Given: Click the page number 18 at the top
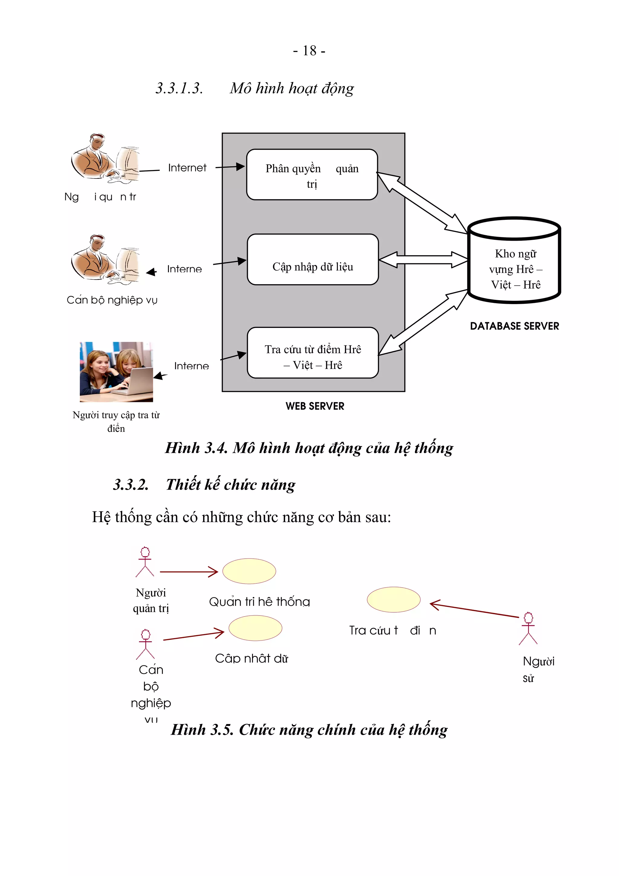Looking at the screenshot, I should coord(309,50).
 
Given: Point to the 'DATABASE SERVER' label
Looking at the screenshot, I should coord(514,326).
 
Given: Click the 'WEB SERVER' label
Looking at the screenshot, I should coord(315,406).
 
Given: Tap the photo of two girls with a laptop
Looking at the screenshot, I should coord(116,372).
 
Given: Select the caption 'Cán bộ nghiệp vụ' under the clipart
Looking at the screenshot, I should coord(112,300).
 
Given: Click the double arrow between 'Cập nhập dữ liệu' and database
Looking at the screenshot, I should coord(423,260).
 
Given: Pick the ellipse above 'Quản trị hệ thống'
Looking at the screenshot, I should coord(249,571).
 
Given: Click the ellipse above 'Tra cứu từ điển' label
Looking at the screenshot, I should coord(393,600).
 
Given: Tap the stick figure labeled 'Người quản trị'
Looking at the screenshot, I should coord(145,562).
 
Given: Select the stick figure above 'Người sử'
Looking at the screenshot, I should coord(528,628).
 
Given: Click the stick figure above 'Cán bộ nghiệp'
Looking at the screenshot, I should coord(145,644).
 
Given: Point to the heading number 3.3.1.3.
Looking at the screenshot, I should coord(179,88).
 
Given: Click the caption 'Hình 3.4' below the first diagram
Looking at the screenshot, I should coord(309,448).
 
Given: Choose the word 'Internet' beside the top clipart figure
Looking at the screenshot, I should coord(187,168).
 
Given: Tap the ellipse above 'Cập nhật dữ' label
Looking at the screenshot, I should coord(255,628).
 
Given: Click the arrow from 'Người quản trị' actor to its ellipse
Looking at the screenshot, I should coord(189,572).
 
